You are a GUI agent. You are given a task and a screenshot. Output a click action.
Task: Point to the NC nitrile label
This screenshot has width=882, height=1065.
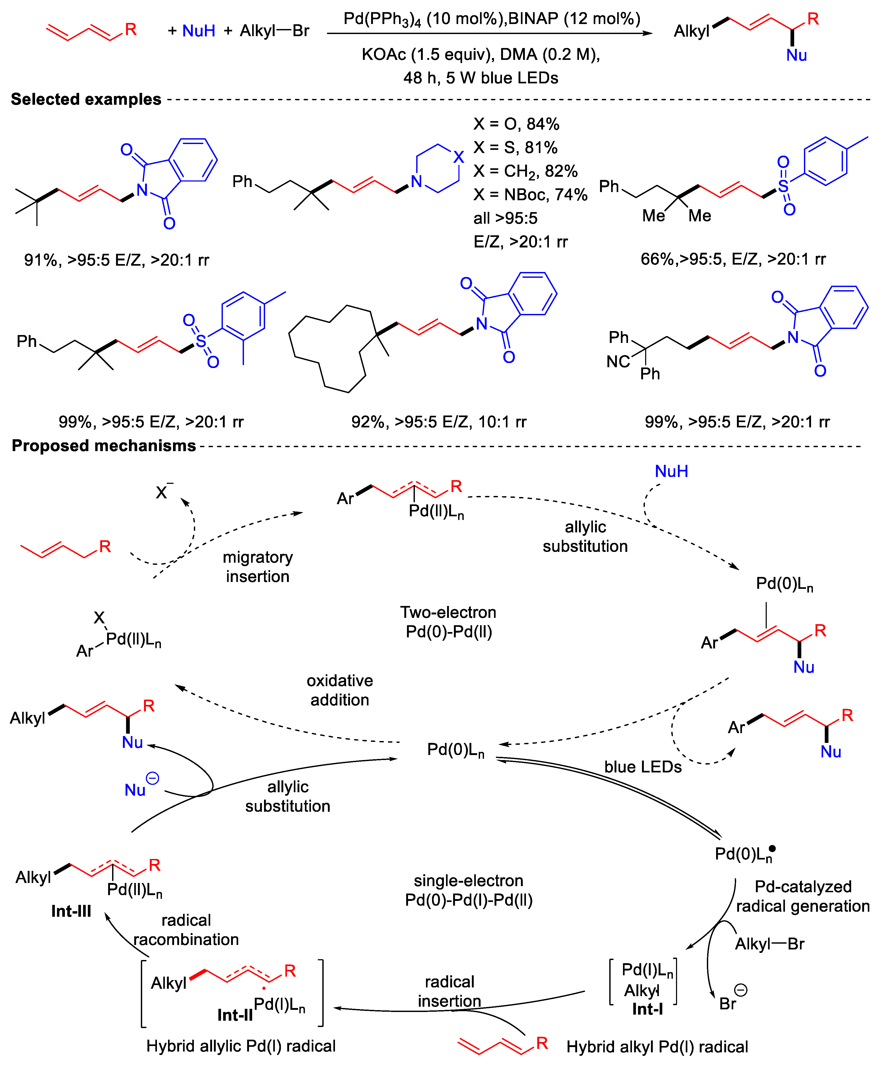click(618, 362)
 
